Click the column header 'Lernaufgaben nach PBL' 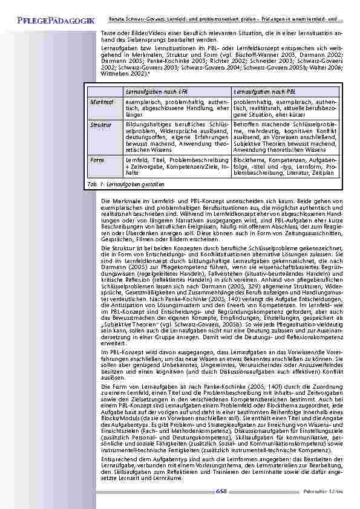tap(265, 91)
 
